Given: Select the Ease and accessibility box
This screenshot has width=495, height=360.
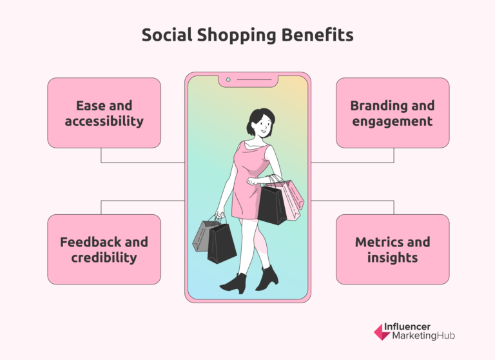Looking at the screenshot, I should coord(104,113).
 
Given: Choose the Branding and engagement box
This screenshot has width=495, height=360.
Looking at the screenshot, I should coord(393,113).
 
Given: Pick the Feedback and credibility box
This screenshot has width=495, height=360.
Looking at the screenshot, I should coord(104,250).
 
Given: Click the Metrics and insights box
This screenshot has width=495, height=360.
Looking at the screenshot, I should coord(393,250).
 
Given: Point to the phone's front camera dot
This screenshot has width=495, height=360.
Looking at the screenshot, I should coord(228,81).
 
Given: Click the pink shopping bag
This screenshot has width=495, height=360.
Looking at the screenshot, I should coord(292,197).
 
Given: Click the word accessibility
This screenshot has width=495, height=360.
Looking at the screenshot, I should coord(104,121).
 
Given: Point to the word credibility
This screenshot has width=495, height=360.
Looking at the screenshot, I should coord(104,257).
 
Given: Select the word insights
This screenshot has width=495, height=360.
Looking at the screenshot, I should coord(393,257).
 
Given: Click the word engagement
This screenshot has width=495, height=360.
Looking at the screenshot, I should coord(393,121).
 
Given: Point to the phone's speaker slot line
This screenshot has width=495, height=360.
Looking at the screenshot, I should coord(254,81).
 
